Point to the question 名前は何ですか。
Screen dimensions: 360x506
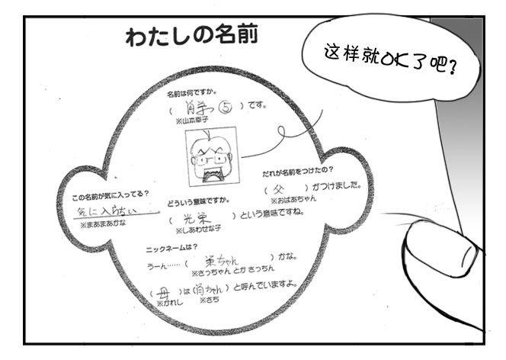195,92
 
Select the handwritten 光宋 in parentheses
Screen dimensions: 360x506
199,217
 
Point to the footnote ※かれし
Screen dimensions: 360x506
167,302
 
